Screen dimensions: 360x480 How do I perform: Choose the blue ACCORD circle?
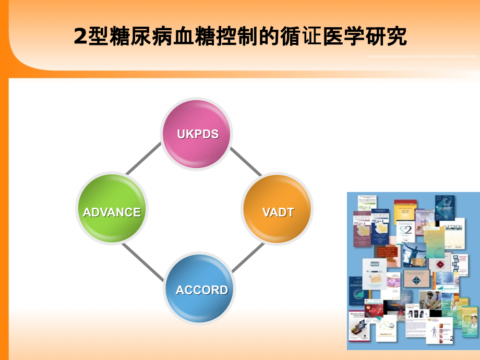pos(201,290)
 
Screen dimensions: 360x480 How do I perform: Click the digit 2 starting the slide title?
pos(79,38)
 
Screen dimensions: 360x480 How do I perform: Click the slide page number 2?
pos(452,339)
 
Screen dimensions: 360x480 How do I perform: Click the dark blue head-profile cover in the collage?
pos(446,208)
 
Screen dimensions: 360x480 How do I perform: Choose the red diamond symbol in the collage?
pos(440,265)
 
